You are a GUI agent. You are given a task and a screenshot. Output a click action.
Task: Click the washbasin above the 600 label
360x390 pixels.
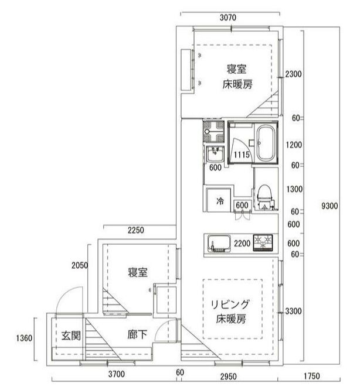[214, 155]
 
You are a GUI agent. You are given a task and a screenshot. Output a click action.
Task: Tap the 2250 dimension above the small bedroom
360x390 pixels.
[135, 230]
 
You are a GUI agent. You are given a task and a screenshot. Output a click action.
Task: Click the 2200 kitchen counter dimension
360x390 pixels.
[242, 244]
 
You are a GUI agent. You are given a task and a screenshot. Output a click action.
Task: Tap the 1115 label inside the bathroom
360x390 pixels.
[242, 155]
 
